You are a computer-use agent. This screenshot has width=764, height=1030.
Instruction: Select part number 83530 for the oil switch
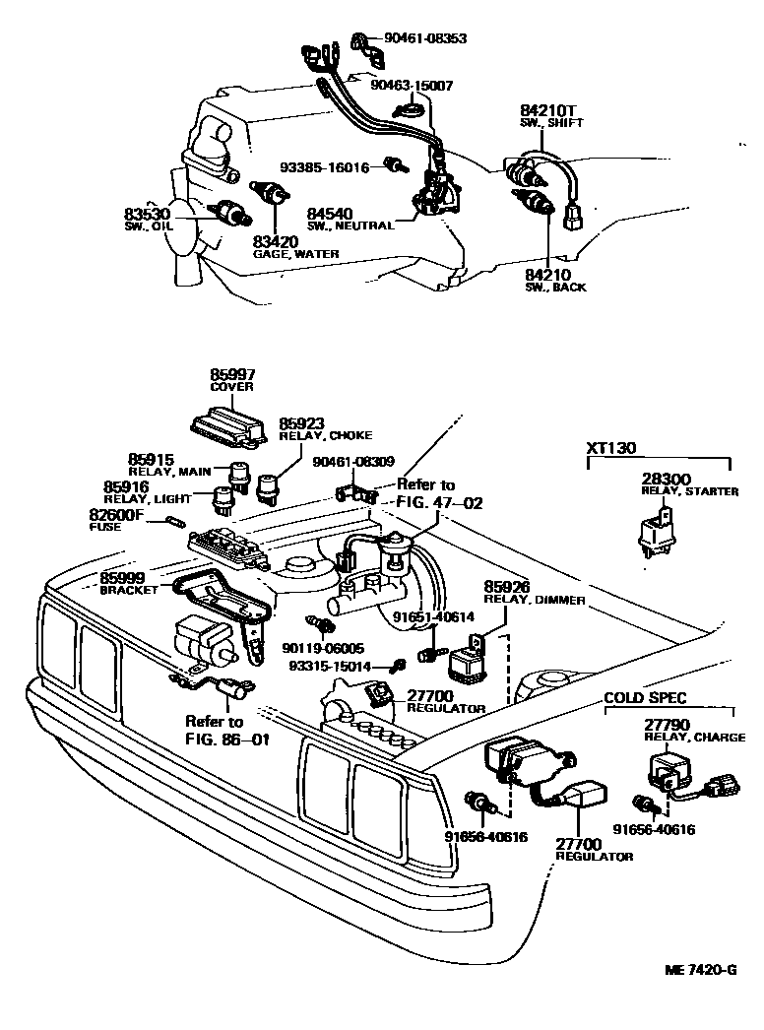point(148,214)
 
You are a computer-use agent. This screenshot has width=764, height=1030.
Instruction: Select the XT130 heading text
point(611,448)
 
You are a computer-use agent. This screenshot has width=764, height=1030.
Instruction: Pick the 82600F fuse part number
point(116,514)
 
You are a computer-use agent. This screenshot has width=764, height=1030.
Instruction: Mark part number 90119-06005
point(323,648)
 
